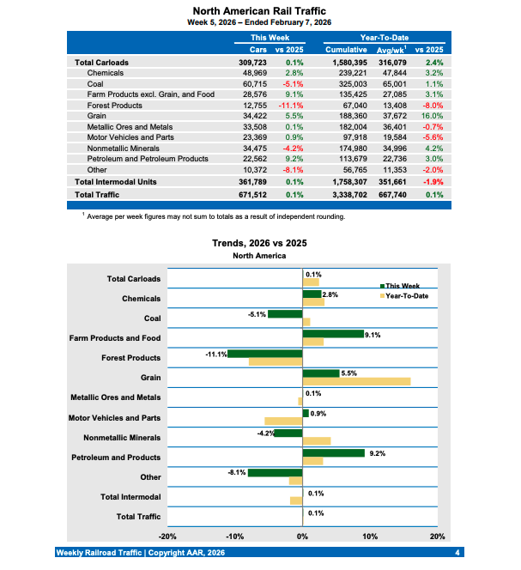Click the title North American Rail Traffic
(260, 10)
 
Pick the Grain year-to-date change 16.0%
(430, 116)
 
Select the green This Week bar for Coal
(285, 314)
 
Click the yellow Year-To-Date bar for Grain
(356, 381)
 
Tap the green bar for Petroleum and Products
(333, 452)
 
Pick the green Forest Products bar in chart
(264, 353)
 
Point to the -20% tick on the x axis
(168, 536)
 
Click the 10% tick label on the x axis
(370, 536)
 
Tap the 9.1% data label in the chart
(372, 335)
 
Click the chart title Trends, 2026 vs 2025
(260, 244)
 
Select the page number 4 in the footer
(457, 552)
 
